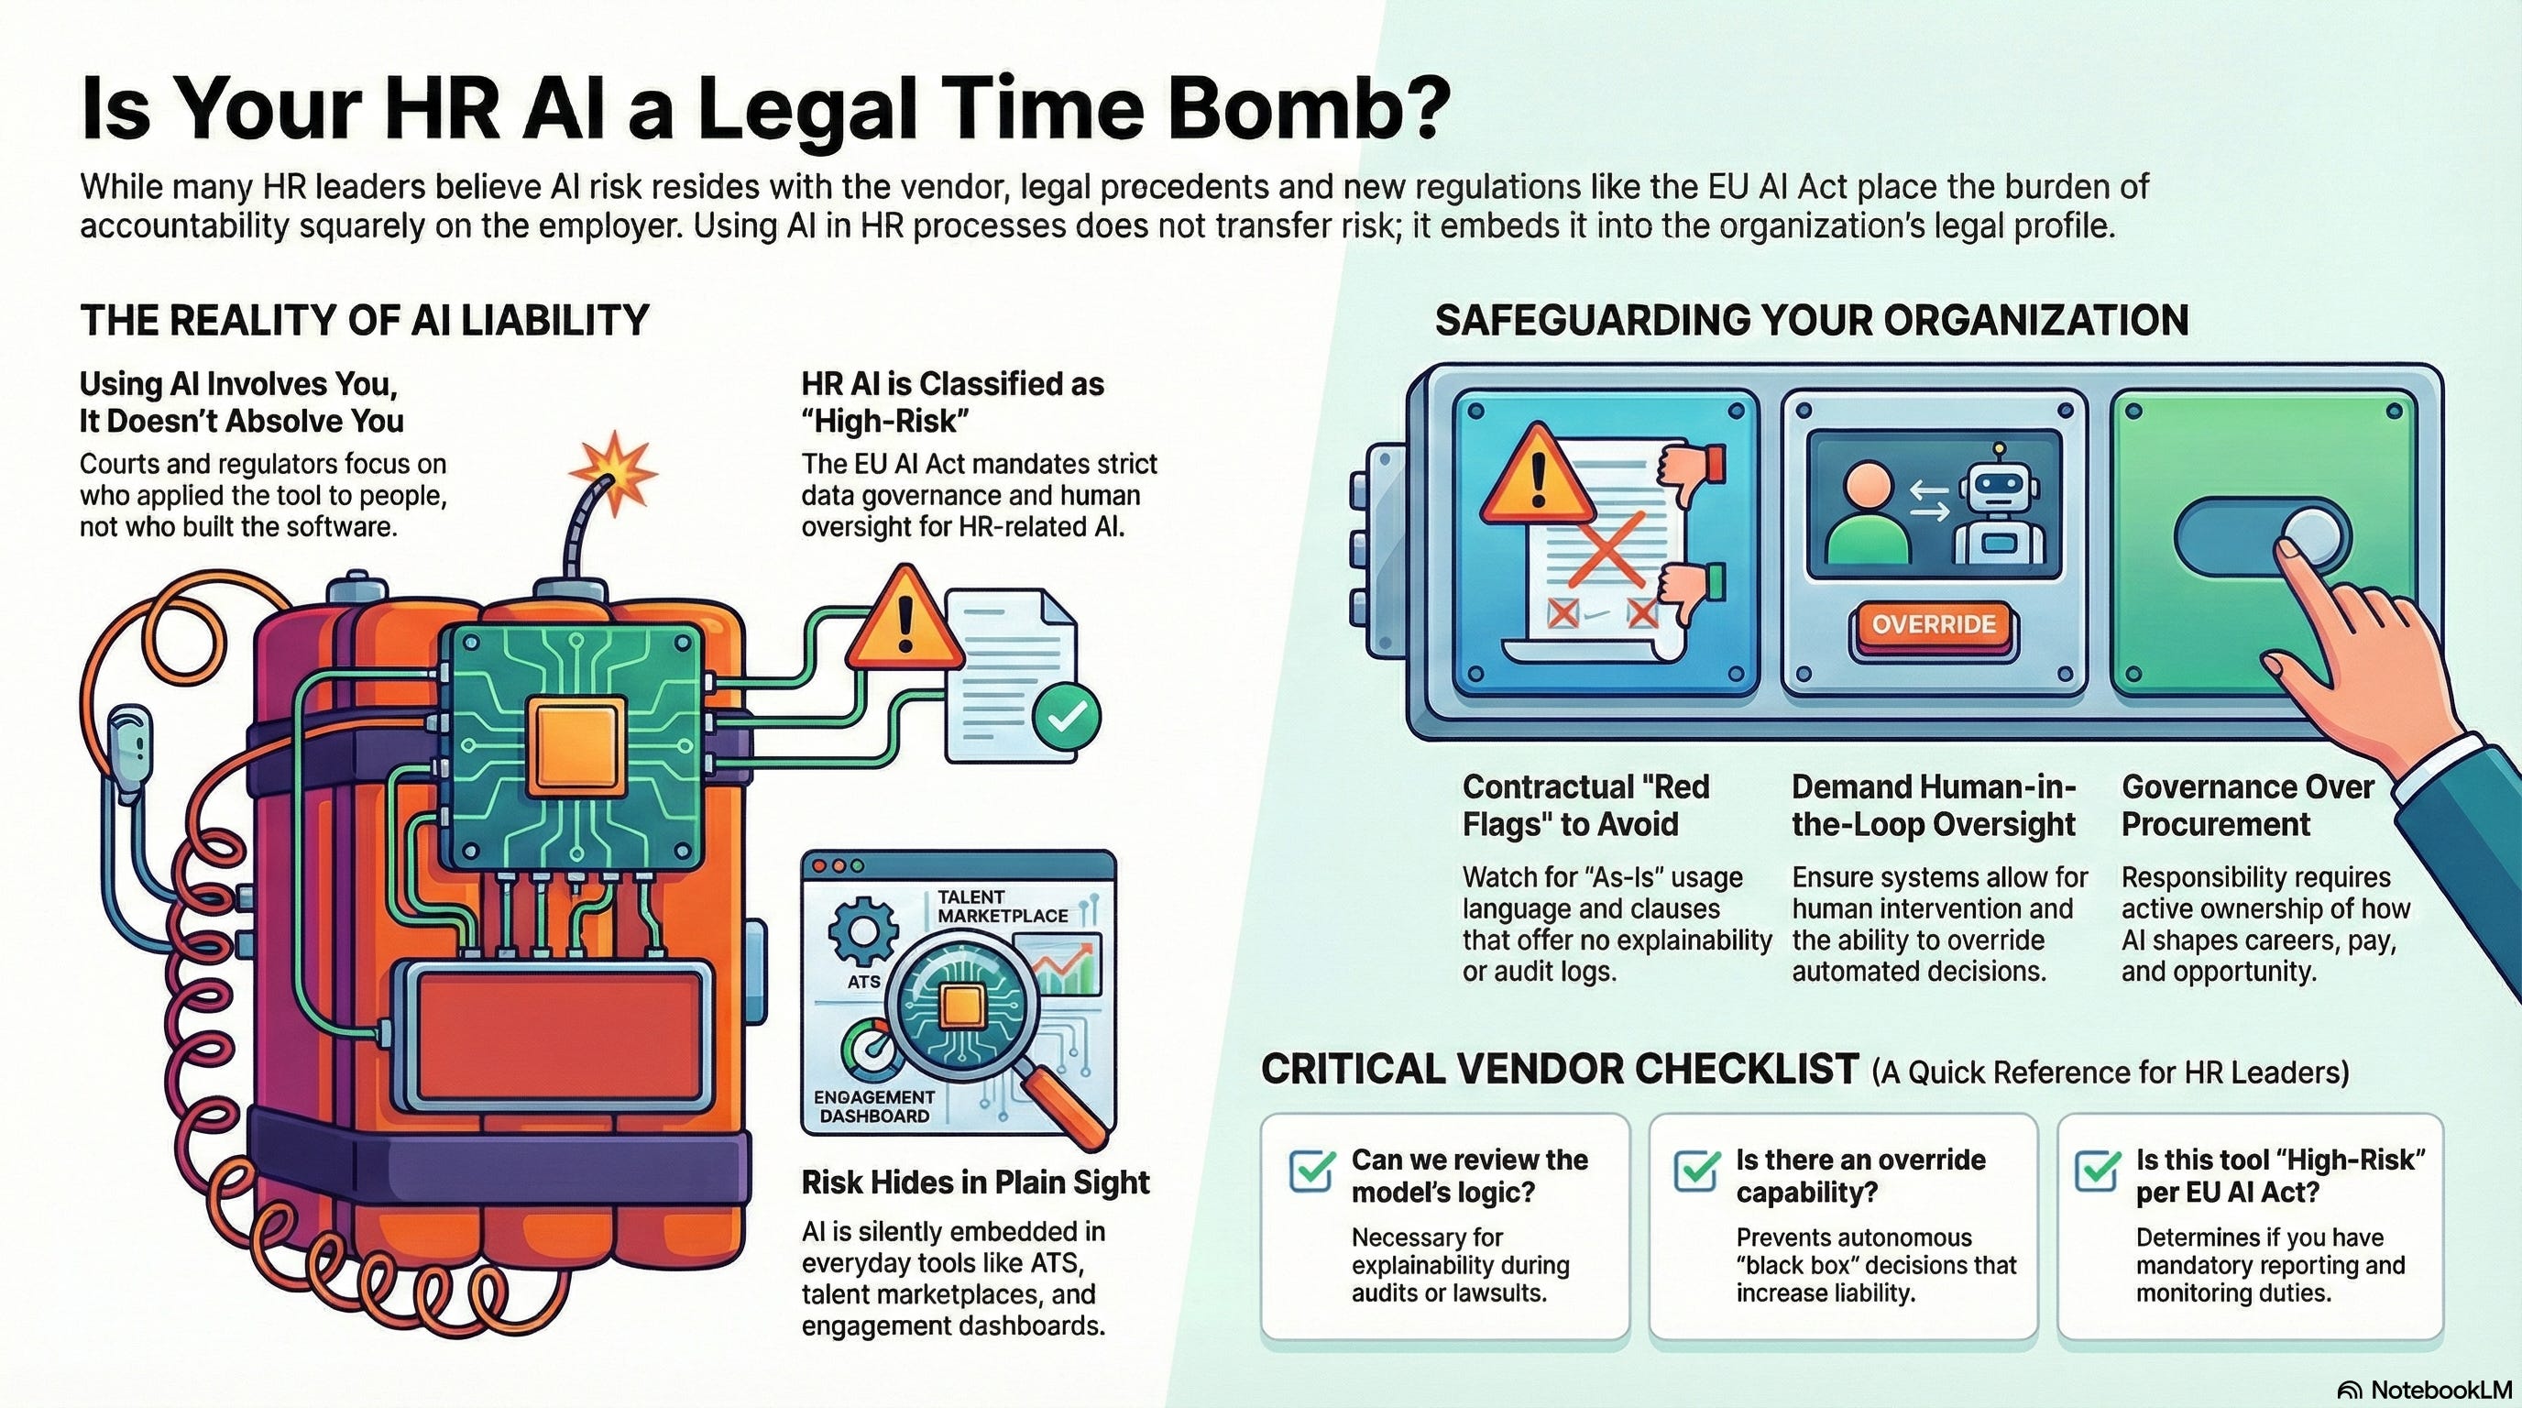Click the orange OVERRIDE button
tap(1933, 624)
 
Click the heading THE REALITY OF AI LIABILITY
tap(364, 320)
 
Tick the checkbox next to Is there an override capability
tap(1696, 1169)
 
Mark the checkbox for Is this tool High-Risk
tap(2097, 1169)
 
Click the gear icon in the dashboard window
tap(862, 931)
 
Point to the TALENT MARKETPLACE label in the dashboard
tap(1003, 906)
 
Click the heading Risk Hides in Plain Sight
tap(975, 1182)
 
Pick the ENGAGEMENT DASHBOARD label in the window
tap(874, 1106)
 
